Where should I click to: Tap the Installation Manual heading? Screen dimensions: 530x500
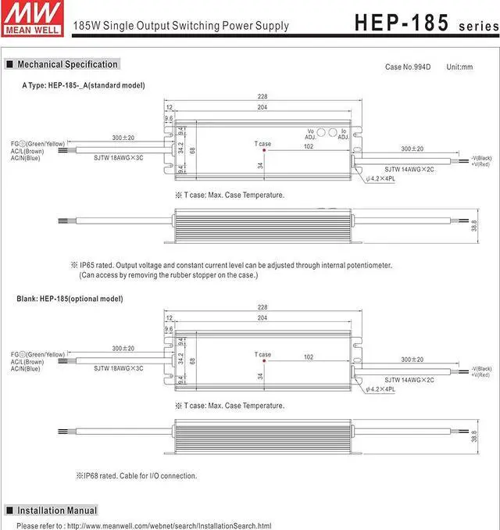[x=57, y=510]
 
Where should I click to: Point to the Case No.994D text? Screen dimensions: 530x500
[x=407, y=67]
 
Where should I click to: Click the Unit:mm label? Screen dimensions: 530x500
[x=459, y=67]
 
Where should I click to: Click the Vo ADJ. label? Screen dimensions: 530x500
[x=310, y=134]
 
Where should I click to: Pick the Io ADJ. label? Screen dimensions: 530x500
[x=343, y=134]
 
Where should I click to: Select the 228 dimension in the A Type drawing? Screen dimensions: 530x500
[x=263, y=98]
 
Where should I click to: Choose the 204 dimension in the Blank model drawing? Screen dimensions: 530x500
[x=263, y=318]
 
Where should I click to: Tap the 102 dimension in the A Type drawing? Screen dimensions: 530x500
[x=309, y=146]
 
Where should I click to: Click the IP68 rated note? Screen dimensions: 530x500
[x=136, y=475]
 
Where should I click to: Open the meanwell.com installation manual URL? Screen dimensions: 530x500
[x=167, y=525]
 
